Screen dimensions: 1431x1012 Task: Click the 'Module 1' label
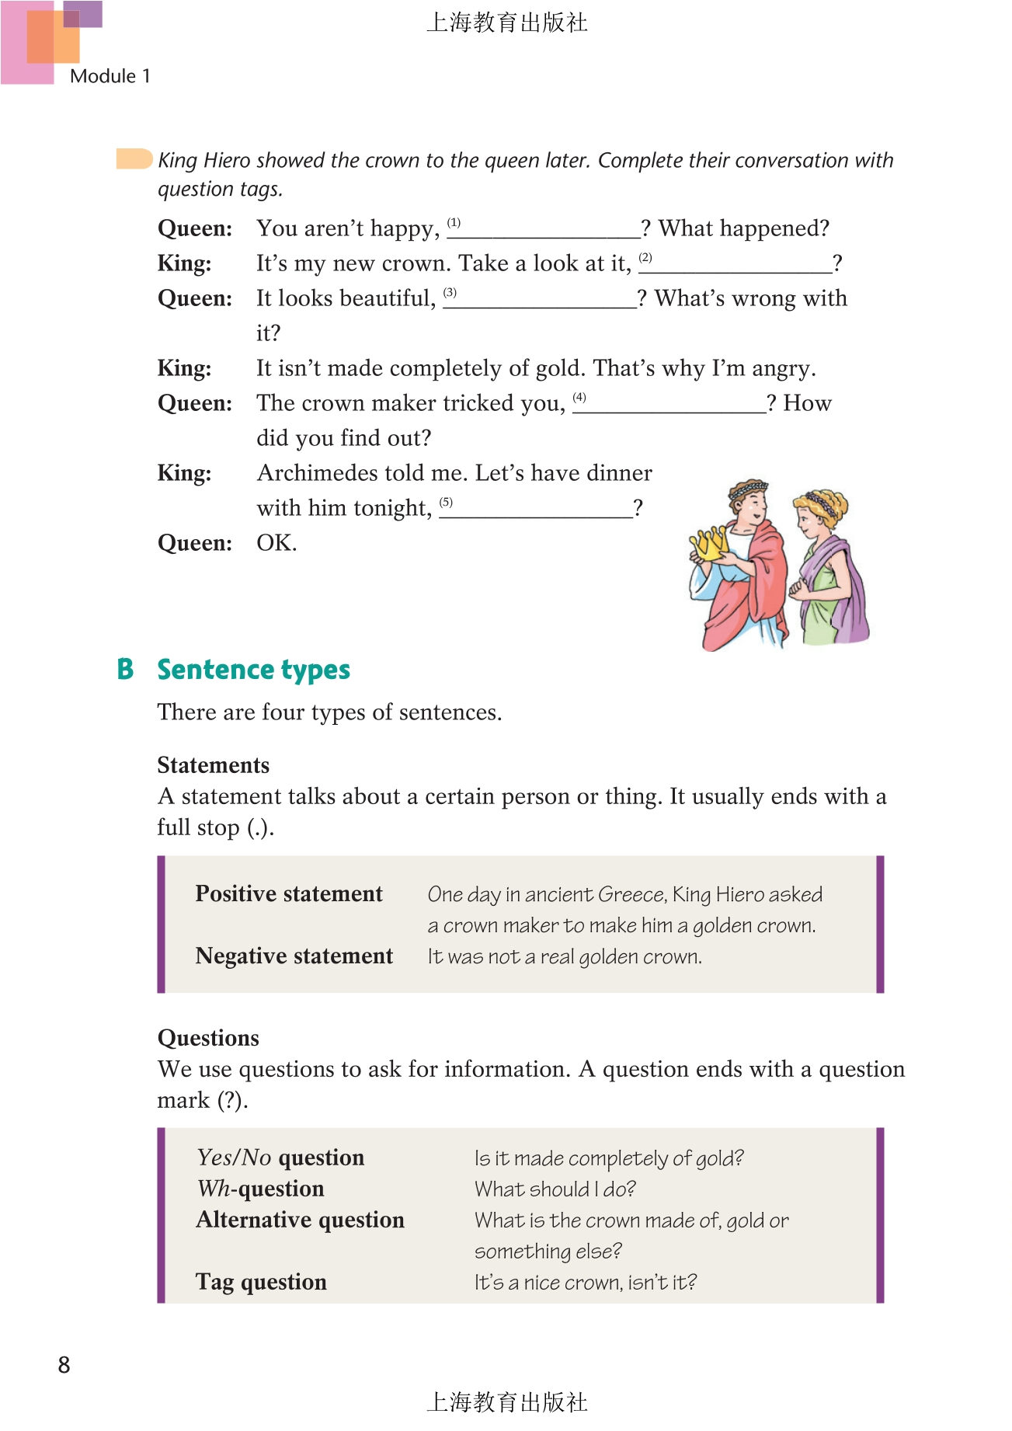point(110,76)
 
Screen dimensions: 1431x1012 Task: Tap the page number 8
point(64,1364)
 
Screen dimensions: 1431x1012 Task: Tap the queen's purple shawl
point(850,583)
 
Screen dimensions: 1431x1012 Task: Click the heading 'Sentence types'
point(253,670)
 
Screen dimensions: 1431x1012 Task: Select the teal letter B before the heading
point(125,670)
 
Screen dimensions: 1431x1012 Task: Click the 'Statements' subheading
point(213,765)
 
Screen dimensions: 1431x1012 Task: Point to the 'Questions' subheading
point(208,1038)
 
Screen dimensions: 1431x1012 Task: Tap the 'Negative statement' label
point(294,956)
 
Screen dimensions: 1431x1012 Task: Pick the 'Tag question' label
point(261,1282)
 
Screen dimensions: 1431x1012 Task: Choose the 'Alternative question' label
point(300,1220)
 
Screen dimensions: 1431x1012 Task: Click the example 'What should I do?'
point(555,1189)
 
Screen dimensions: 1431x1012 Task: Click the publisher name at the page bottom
point(506,1401)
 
